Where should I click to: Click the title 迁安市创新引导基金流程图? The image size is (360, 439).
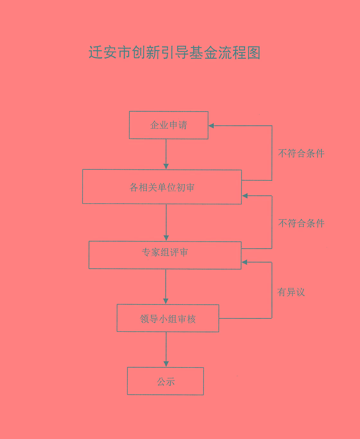coord(174,53)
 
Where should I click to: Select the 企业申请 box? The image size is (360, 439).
coord(168,125)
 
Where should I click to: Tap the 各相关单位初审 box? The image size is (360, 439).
coord(162,187)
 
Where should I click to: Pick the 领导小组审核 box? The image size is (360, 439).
coord(167,318)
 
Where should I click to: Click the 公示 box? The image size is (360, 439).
coord(165,381)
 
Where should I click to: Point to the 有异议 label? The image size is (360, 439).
coord(291,292)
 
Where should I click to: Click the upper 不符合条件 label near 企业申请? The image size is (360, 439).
coord(301,153)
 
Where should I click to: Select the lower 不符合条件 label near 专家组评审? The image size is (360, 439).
coord(301,223)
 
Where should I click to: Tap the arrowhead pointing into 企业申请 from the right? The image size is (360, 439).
coord(211,126)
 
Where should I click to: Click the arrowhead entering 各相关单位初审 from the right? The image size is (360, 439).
coord(245,196)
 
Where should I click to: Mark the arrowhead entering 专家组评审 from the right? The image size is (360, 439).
coord(244,262)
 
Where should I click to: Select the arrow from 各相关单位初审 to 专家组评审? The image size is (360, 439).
coord(166,222)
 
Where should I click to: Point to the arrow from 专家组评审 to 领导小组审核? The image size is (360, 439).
coord(166,286)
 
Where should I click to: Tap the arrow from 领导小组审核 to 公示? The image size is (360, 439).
coord(166,349)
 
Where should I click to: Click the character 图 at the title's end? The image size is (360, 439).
coord(254,53)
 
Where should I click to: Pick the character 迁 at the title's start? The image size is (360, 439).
coord(95,53)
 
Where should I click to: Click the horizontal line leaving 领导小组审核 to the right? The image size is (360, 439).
coord(245,318)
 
